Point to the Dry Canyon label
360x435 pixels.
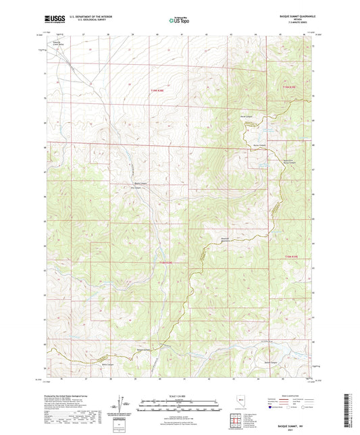click(x=136, y=188)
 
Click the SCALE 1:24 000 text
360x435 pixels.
click(x=179, y=395)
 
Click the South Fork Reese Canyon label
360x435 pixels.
click(x=288, y=161)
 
